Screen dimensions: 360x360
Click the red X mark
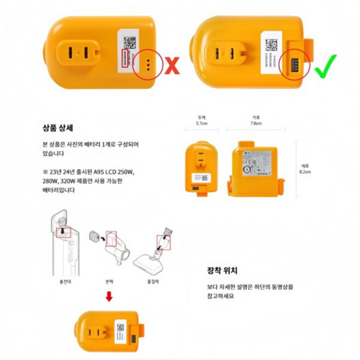point(173,65)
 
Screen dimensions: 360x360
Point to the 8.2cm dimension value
point(305,172)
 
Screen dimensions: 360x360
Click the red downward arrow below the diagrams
point(110,296)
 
